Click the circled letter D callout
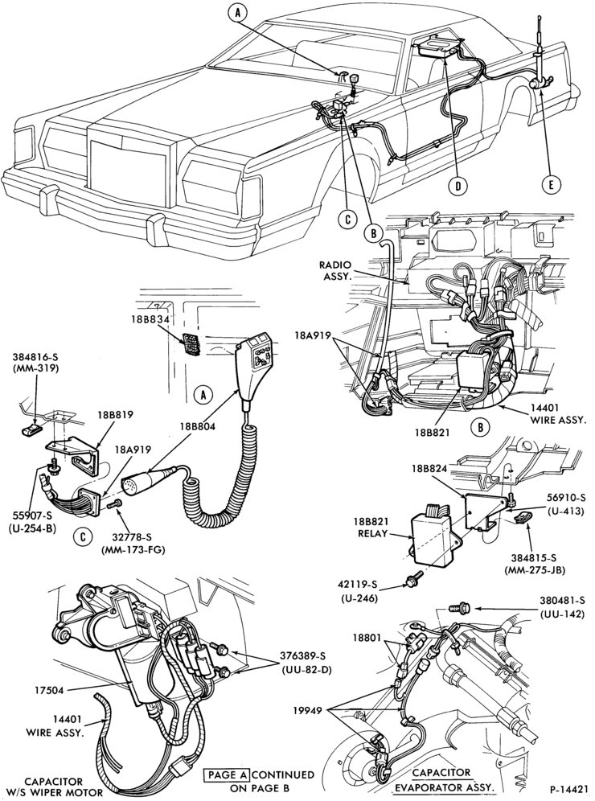(458, 187)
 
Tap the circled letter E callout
(552, 185)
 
